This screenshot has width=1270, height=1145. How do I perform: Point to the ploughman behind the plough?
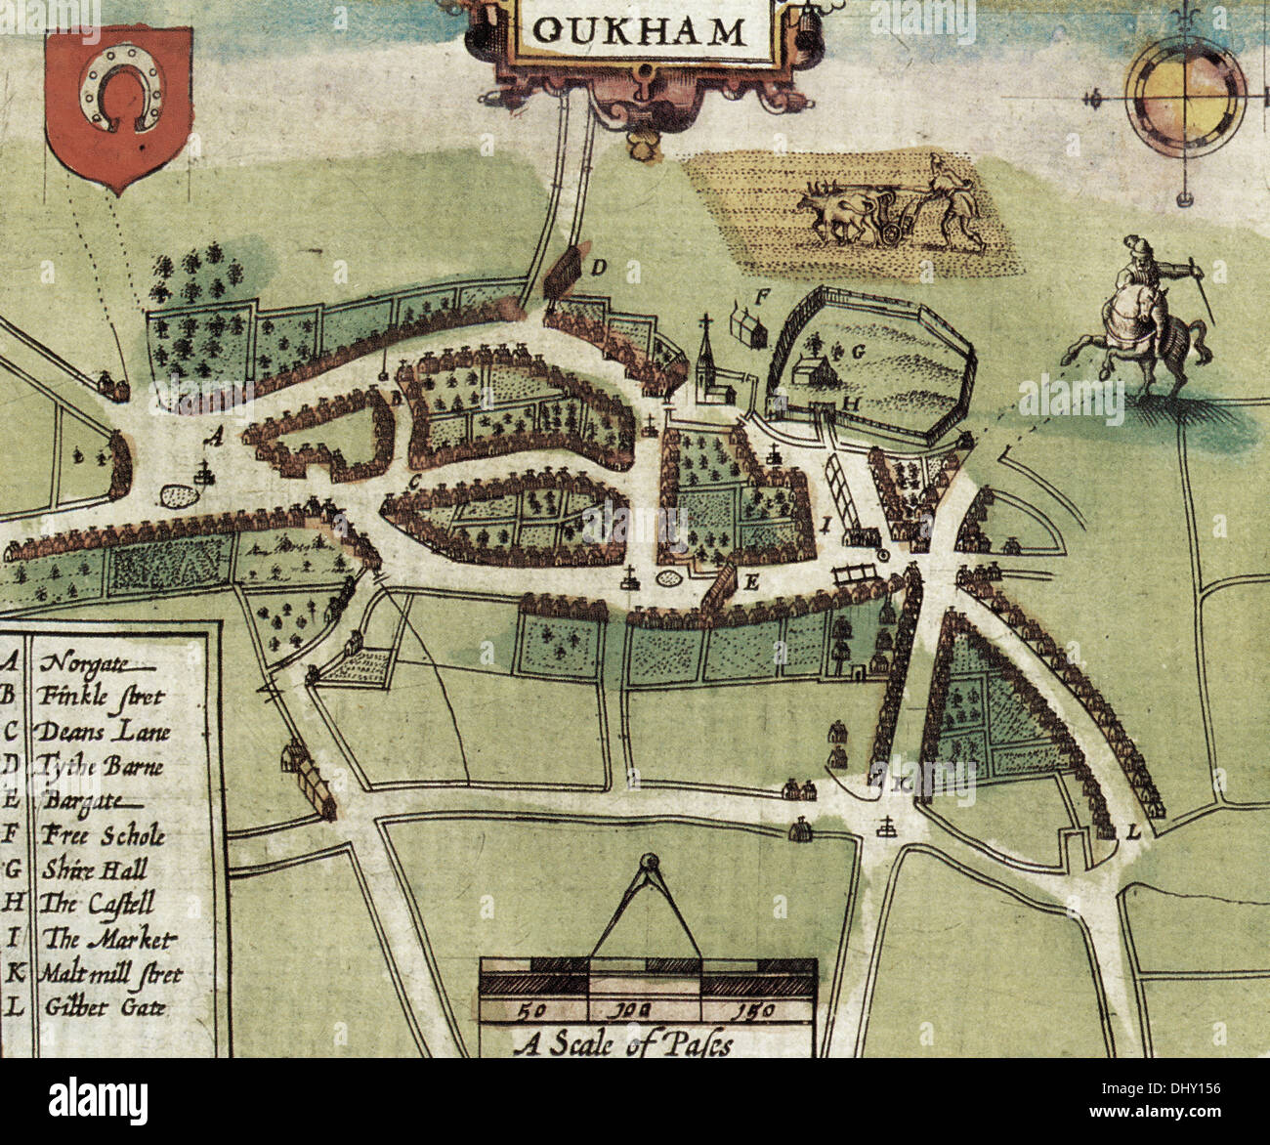[x=952, y=200]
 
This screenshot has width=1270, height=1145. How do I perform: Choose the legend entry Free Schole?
[x=103, y=835]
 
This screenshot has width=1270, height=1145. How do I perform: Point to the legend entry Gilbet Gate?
[x=104, y=1007]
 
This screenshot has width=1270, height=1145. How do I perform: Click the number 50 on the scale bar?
[x=532, y=1009]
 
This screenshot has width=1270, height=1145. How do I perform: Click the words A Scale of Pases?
[x=623, y=1043]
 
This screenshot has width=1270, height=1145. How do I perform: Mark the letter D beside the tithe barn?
[x=599, y=266]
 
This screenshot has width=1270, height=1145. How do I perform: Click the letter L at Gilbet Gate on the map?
[x=1133, y=832]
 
